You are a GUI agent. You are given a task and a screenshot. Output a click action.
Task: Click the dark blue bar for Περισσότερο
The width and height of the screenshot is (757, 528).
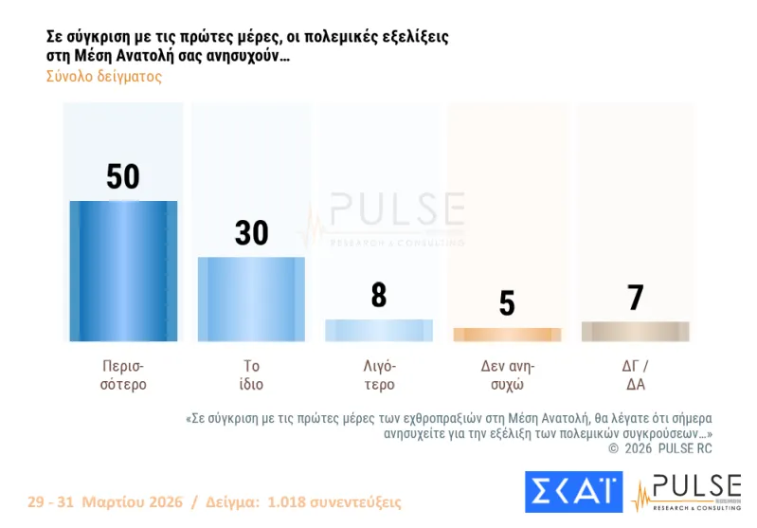click(123, 271)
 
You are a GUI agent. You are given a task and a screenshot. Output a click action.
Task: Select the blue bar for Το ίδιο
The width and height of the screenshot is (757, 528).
click(251, 299)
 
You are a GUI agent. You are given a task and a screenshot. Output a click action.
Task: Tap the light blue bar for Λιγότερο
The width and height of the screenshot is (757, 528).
click(379, 330)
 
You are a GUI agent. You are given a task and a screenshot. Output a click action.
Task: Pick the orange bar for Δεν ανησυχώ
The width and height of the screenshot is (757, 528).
click(507, 335)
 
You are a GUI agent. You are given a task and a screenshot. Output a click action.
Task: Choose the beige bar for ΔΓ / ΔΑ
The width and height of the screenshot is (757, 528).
click(635, 331)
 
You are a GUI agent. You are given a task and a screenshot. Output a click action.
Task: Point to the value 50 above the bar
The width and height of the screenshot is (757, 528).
click(123, 177)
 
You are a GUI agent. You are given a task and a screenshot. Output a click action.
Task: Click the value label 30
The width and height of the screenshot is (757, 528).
click(251, 233)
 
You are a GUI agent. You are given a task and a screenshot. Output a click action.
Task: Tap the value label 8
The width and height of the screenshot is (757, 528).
click(379, 296)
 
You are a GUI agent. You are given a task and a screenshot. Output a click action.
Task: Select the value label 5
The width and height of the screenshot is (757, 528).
click(507, 303)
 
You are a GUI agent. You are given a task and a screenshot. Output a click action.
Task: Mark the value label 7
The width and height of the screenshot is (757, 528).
click(635, 298)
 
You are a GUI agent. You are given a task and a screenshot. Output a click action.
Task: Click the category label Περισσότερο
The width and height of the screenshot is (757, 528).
click(123, 375)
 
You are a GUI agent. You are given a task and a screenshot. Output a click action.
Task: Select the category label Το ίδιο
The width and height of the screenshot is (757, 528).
click(251, 375)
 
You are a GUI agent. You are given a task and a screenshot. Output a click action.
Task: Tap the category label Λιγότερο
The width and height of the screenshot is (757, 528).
click(379, 375)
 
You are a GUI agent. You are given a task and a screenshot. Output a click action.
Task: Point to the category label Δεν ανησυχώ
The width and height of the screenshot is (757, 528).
click(507, 375)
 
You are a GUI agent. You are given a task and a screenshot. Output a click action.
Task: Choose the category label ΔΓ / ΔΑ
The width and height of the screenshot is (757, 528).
click(635, 375)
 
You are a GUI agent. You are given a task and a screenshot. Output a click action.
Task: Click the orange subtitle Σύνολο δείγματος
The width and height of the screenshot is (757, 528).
click(104, 77)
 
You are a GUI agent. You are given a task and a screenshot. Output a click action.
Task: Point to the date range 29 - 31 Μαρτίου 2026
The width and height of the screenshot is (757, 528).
click(104, 501)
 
